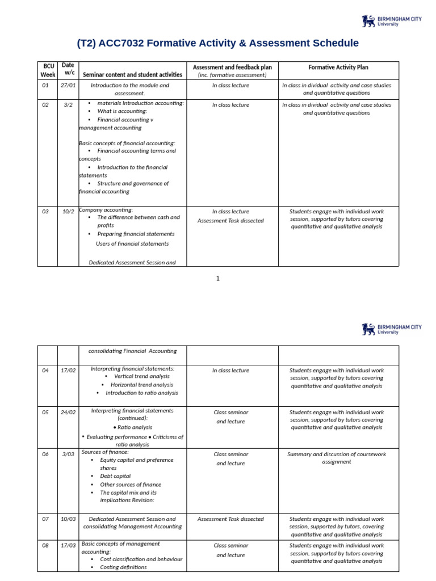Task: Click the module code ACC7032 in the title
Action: pyautogui.click(x=123, y=44)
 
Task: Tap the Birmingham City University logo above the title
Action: pyautogui.click(x=392, y=22)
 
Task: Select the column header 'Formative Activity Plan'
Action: pyautogui.click(x=338, y=67)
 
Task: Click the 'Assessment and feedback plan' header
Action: pyautogui.click(x=232, y=67)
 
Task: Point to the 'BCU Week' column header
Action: pyautogui.click(x=48, y=70)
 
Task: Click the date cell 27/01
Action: pyautogui.click(x=68, y=85)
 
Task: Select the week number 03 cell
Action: pyautogui.click(x=45, y=211)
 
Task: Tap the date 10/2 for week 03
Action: pyautogui.click(x=68, y=211)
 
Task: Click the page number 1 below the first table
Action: pyautogui.click(x=217, y=278)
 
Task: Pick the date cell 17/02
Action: pyautogui.click(x=68, y=370)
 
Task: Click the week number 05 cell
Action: pyautogui.click(x=45, y=412)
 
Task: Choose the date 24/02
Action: pyautogui.click(x=68, y=412)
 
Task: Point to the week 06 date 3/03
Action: pyautogui.click(x=68, y=454)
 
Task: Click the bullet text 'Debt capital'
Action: pyautogui.click(x=115, y=476)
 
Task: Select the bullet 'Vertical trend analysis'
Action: pyautogui.click(x=141, y=376)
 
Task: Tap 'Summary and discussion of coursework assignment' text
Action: pyautogui.click(x=338, y=458)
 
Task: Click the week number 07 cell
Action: pyautogui.click(x=45, y=519)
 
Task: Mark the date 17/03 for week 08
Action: pyautogui.click(x=68, y=545)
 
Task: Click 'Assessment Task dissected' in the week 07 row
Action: pyautogui.click(x=230, y=519)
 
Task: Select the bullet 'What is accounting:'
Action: pyautogui.click(x=122, y=111)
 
